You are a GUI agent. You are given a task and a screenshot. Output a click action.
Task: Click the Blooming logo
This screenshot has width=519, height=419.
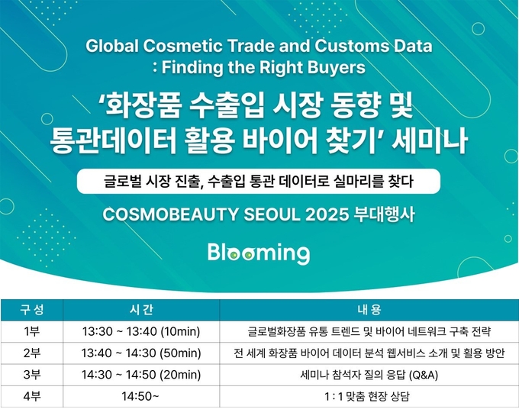(x=259, y=253)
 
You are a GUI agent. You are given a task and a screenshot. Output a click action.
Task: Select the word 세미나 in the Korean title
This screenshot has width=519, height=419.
(x=429, y=140)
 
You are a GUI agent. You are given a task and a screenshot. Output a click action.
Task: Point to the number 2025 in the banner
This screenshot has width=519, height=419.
(x=327, y=214)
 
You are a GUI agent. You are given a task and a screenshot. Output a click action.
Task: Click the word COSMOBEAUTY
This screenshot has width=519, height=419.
(x=170, y=214)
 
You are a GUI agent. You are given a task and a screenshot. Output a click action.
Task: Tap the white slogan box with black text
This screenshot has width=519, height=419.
(x=259, y=181)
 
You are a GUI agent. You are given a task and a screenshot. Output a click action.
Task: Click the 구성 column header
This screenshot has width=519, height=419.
(x=32, y=309)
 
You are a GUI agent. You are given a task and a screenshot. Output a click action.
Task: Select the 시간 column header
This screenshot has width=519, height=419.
(x=141, y=309)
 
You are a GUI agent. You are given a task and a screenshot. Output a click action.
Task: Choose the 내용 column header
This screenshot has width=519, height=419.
(x=369, y=309)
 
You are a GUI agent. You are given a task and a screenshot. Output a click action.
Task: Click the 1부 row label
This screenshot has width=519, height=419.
(x=32, y=331)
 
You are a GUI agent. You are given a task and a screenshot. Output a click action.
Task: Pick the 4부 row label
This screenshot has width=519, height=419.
(x=32, y=396)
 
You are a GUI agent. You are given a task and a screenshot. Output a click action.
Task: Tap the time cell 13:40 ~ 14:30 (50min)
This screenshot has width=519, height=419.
(x=141, y=353)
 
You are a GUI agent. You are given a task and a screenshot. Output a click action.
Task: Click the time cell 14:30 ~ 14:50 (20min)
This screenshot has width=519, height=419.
(x=141, y=375)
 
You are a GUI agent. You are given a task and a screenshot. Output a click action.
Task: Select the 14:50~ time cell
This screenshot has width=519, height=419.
(x=140, y=396)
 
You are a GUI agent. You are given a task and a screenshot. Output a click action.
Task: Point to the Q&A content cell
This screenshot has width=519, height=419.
(x=369, y=375)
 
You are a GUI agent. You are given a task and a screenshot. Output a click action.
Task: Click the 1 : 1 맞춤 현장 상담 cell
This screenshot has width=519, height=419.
(x=367, y=397)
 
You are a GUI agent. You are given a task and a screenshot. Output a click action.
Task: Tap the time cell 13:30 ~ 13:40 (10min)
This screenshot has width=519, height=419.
(x=141, y=331)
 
